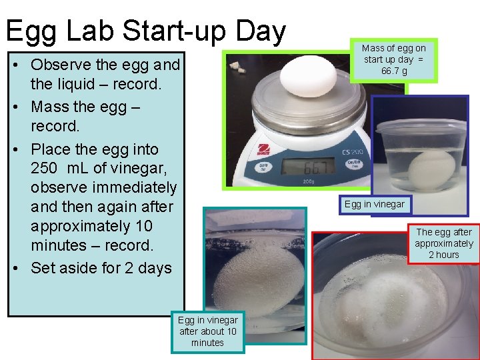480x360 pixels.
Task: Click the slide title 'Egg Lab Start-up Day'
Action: pyautogui.click(x=145, y=31)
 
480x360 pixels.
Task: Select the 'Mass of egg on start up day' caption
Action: pyautogui.click(x=393, y=54)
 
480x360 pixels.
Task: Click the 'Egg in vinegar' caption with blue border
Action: pyautogui.click(x=374, y=204)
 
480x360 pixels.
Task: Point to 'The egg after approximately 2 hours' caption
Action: pyautogui.click(x=444, y=243)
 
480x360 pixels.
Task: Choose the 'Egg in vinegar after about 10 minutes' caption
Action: pyautogui.click(x=207, y=331)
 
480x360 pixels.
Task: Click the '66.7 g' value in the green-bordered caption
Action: pyautogui.click(x=393, y=71)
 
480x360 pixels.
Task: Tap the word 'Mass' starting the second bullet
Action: pyautogui.click(x=51, y=107)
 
